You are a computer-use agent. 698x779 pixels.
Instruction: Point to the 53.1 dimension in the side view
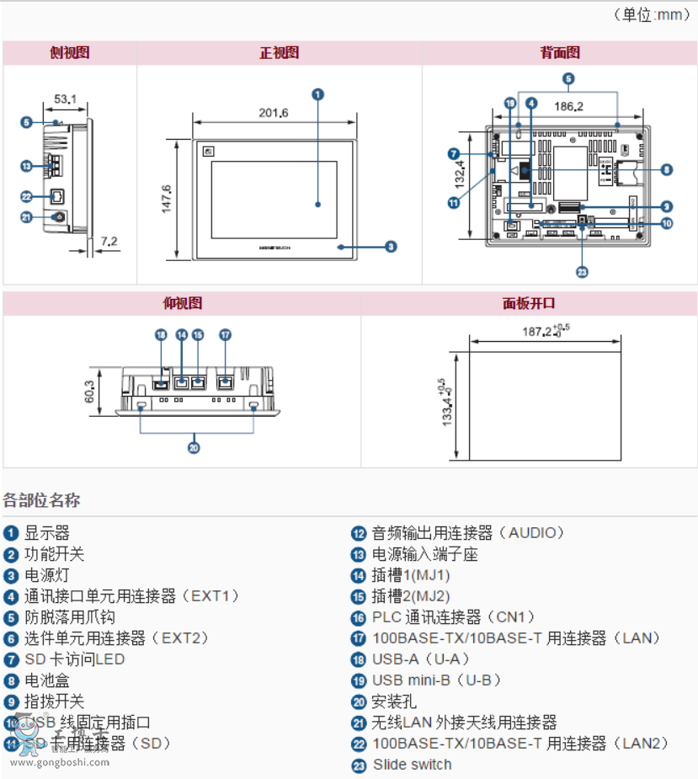coord(65,99)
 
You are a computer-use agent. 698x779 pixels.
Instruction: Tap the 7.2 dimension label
coord(109,242)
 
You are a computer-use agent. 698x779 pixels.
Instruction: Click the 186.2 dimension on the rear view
coord(569,107)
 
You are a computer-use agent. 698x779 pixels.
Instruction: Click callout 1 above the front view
coord(317,94)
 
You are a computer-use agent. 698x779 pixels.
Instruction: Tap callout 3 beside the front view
coord(391,247)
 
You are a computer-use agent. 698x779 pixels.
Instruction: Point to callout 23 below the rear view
coord(581,271)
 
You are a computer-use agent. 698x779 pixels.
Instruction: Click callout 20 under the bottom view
coord(194,448)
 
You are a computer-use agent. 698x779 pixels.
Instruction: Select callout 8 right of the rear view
coord(666,169)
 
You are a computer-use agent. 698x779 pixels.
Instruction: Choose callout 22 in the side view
coord(26,196)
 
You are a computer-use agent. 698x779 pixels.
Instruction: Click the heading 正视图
coord(279,52)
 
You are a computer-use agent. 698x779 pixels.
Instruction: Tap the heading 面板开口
coord(529,303)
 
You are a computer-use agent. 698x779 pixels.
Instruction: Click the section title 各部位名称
coord(42,500)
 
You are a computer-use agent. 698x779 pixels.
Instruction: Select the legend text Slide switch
coord(412,765)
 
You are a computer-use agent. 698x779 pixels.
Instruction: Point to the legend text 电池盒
coord(47,680)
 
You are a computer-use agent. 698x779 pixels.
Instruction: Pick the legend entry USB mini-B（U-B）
coord(437,680)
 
